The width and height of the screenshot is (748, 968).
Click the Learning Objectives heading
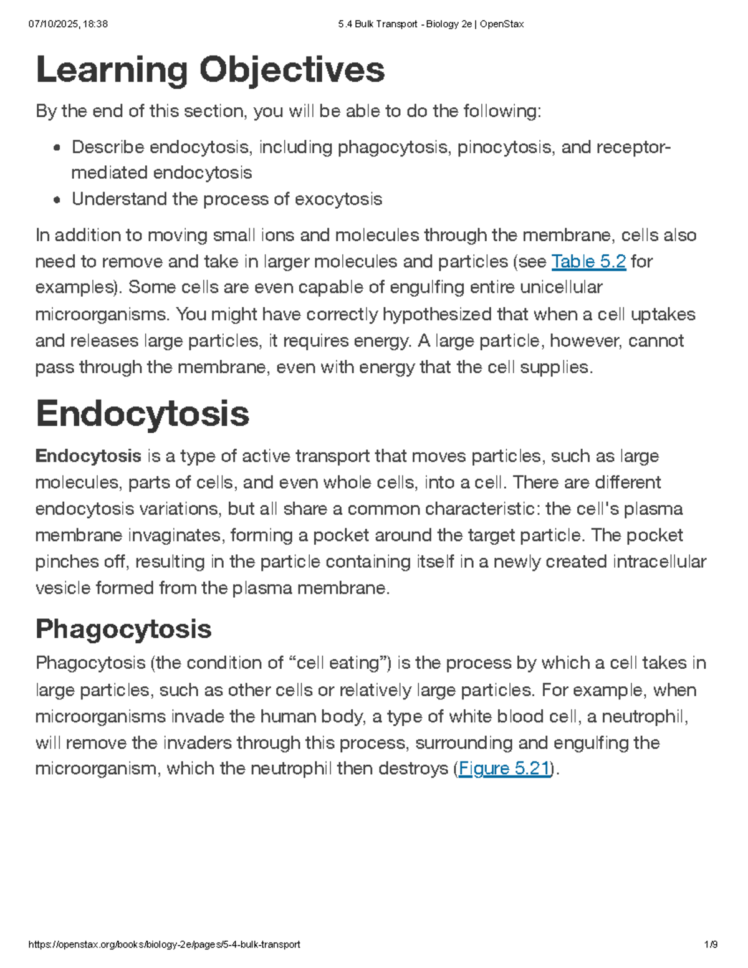point(210,70)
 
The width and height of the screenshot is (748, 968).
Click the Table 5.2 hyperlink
point(588,261)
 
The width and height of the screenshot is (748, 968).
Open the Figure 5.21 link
point(504,769)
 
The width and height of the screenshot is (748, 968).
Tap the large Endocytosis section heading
point(142,414)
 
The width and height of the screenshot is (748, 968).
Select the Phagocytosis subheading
point(123,629)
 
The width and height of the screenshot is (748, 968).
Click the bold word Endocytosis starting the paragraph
point(89,456)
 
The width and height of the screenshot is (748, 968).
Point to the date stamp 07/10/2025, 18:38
point(68,24)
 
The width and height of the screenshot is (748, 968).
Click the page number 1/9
point(710,944)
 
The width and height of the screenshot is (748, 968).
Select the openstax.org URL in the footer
point(165,944)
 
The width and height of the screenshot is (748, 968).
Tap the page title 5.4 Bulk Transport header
point(431,24)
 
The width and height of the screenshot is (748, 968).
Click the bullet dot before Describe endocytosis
point(57,148)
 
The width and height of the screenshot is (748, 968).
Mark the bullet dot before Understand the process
point(57,200)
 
